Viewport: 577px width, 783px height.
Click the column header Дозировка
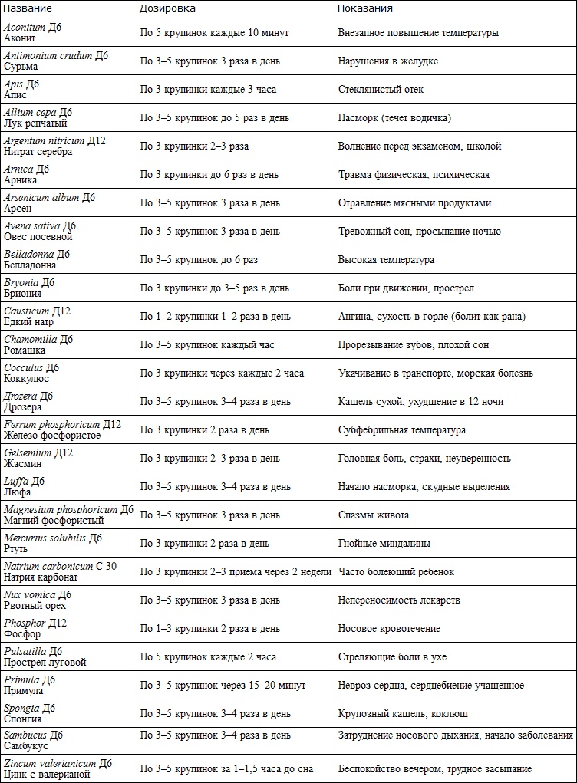[167, 8]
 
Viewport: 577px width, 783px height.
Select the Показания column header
[365, 8]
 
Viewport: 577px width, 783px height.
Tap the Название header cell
[28, 8]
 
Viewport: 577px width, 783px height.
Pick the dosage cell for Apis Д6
[208, 90]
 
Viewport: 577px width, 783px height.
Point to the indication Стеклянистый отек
[381, 90]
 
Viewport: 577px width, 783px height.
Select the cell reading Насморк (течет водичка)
[394, 118]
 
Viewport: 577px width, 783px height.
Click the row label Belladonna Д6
[37, 260]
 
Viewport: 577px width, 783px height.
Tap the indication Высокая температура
[386, 260]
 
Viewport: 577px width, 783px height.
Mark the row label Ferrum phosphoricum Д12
[62, 430]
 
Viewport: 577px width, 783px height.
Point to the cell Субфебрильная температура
[401, 430]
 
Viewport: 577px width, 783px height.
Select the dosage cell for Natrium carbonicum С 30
[236, 572]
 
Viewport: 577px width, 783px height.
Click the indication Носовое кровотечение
[389, 629]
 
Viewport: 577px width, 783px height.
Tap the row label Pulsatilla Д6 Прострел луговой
[45, 657]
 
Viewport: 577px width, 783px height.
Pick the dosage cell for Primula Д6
[223, 686]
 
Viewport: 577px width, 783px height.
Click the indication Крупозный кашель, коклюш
[404, 714]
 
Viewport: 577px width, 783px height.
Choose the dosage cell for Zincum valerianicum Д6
[226, 769]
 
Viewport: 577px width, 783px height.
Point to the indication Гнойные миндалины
[384, 544]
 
